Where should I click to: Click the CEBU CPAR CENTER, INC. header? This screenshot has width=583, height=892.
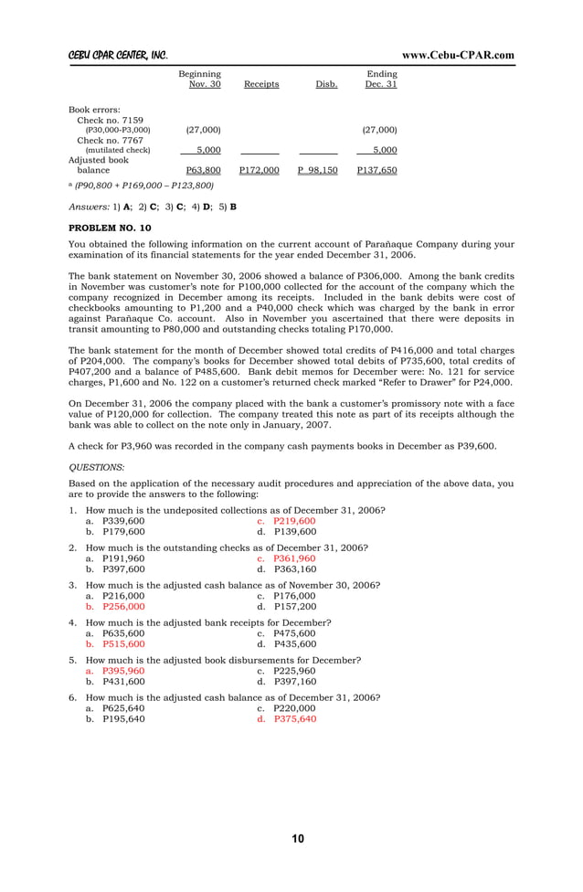click(118, 55)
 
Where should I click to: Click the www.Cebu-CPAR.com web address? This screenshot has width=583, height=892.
click(458, 55)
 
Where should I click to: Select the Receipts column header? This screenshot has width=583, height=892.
click(261, 85)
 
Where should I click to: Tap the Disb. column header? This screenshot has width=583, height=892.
click(326, 85)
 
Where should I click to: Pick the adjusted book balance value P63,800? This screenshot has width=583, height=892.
click(203, 170)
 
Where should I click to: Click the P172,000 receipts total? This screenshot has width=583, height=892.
click(260, 170)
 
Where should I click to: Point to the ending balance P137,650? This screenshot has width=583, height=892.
click(376, 170)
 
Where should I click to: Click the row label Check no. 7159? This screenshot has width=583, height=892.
click(110, 121)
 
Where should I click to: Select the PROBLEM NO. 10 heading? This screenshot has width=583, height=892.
click(111, 227)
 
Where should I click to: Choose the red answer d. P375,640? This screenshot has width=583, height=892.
click(287, 719)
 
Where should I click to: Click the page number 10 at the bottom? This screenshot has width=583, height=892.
click(298, 839)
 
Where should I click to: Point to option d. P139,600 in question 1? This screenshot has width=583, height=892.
click(286, 531)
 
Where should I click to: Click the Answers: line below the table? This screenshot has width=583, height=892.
click(153, 207)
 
